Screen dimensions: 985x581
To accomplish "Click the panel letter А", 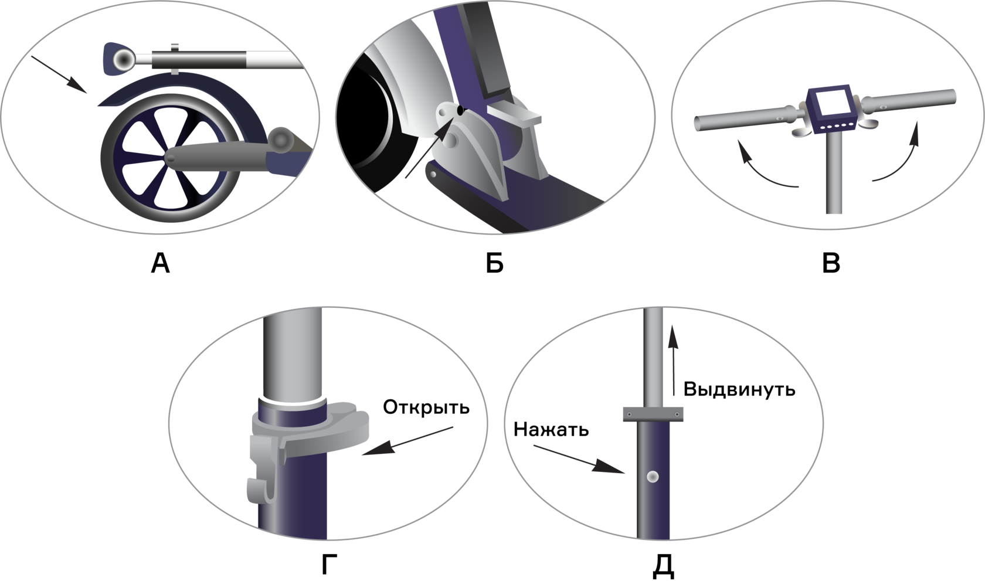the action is click(160, 263).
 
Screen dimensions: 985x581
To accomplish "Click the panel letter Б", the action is click(495, 263).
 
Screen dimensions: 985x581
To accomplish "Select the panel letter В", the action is click(831, 263).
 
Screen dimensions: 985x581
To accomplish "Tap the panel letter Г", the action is click(330, 564).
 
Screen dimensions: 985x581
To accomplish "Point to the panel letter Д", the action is click(663, 566).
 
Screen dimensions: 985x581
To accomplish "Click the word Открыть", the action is click(426, 407).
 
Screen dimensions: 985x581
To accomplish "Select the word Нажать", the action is click(551, 430).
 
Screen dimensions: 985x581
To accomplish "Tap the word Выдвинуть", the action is click(739, 390).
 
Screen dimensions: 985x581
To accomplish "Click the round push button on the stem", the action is click(653, 477).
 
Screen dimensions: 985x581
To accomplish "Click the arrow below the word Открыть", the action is click(407, 441).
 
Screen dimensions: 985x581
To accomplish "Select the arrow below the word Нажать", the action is click(579, 460).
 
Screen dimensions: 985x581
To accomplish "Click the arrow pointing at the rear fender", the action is click(59, 74).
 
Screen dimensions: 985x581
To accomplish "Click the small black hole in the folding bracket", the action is click(460, 111).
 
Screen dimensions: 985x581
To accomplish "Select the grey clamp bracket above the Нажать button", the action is click(653, 414).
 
